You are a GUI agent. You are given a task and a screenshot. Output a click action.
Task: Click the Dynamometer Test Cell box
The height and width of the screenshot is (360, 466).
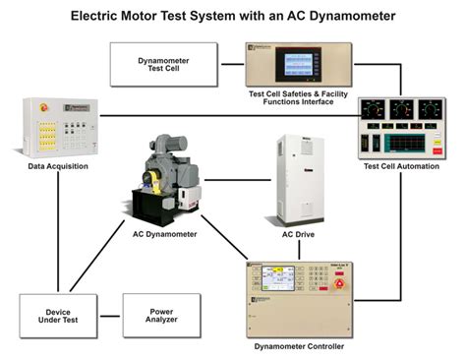coord(163,67)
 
